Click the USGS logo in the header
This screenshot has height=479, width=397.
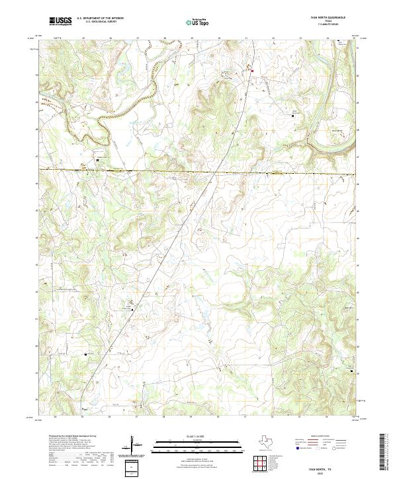click(x=60, y=21)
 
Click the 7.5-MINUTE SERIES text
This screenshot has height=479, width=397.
click(x=326, y=25)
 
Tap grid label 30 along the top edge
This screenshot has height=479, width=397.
click(x=218, y=38)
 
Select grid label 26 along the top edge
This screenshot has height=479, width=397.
click(x=110, y=38)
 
